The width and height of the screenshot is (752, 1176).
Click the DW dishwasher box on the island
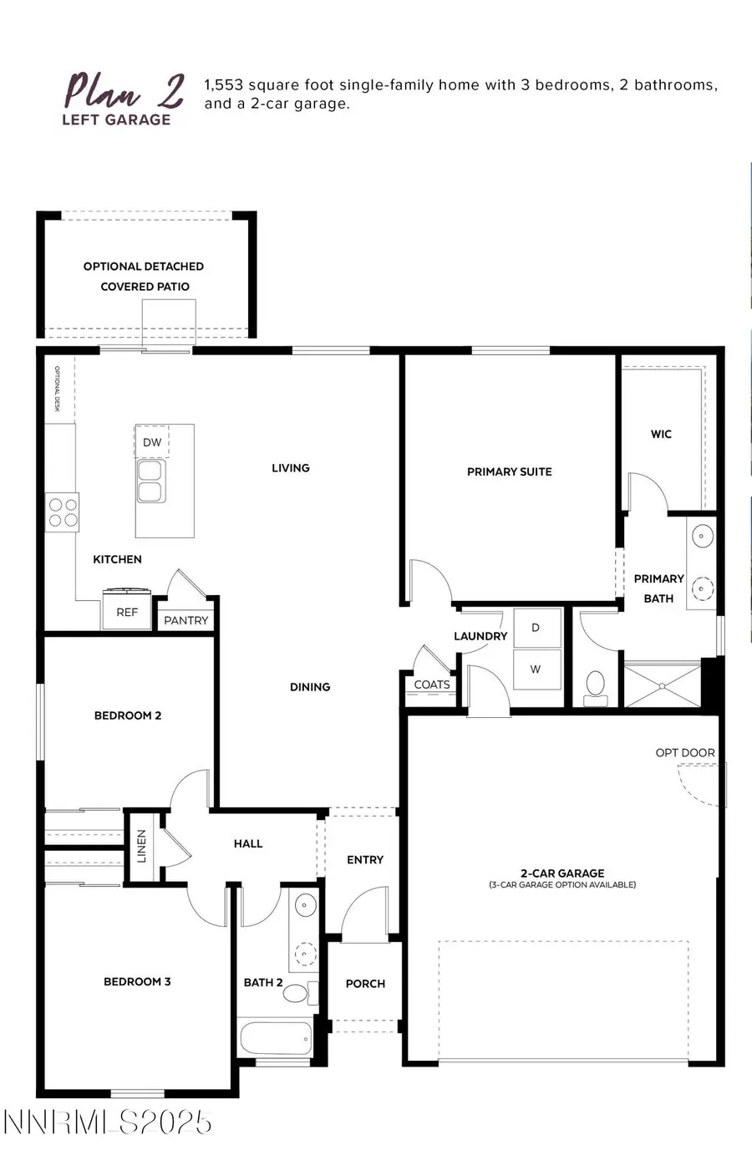(x=152, y=442)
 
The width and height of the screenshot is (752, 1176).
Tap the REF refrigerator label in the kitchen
(x=127, y=613)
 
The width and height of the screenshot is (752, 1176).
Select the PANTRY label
(x=186, y=620)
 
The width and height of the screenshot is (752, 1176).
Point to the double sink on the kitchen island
(x=150, y=481)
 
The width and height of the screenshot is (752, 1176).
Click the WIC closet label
(x=661, y=434)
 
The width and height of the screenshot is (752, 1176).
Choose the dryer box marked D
(x=536, y=628)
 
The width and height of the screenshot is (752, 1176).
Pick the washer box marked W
(x=536, y=669)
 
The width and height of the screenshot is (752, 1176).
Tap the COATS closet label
(x=432, y=685)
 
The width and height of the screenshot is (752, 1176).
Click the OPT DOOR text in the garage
(x=685, y=753)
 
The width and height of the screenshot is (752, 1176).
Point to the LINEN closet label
(x=141, y=846)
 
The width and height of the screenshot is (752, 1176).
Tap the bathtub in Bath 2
(x=276, y=1039)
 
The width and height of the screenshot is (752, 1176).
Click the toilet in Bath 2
(x=298, y=993)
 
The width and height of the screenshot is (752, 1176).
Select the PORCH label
(x=365, y=984)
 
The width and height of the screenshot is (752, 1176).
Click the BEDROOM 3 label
(x=137, y=981)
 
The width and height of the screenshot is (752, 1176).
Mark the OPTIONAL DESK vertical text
(x=58, y=389)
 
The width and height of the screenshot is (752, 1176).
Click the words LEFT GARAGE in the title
(x=116, y=120)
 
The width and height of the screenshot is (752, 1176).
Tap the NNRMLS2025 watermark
(x=108, y=1122)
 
